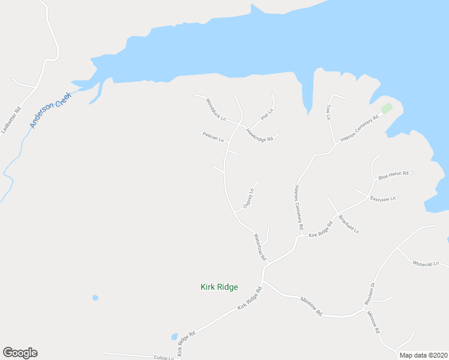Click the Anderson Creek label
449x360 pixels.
pos(51,109)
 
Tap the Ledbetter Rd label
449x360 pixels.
pos(11,120)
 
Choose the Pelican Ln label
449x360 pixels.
pos(213,137)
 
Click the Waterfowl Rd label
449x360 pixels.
pos(260,247)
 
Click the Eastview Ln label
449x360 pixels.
pos(384,199)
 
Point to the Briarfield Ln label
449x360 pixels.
pos(349,224)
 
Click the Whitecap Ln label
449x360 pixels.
pos(426,264)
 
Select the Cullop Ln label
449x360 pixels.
pos(163,358)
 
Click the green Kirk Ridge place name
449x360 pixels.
pos(219,287)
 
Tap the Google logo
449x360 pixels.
pos(20,353)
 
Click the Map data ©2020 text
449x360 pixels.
pos(423,355)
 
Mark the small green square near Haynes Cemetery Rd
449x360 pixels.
pos(387,108)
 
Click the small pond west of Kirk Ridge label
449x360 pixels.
pos(95,298)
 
